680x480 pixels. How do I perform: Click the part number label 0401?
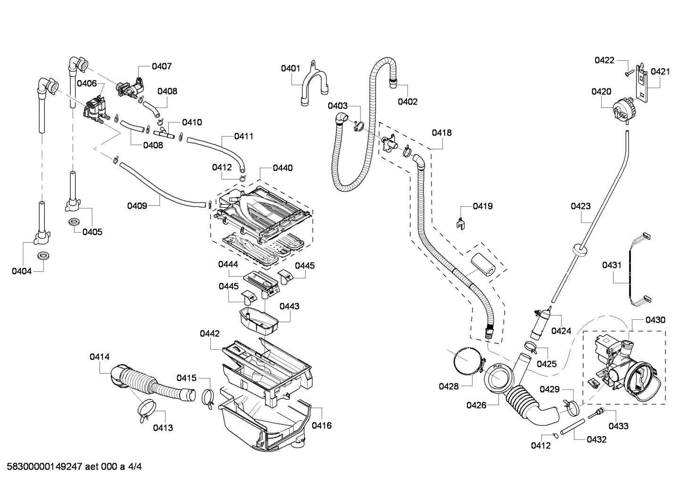290,69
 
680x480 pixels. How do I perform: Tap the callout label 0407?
162,66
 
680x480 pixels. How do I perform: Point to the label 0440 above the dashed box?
282,168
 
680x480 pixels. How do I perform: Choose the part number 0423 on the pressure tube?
580,206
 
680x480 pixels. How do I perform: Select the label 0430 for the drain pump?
655,320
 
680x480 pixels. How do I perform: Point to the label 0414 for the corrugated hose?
100,357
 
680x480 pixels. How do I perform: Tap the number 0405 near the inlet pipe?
92,232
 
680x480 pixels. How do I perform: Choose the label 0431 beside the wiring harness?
612,265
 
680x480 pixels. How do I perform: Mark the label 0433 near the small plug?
618,426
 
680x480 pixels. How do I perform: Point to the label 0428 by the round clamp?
448,386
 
